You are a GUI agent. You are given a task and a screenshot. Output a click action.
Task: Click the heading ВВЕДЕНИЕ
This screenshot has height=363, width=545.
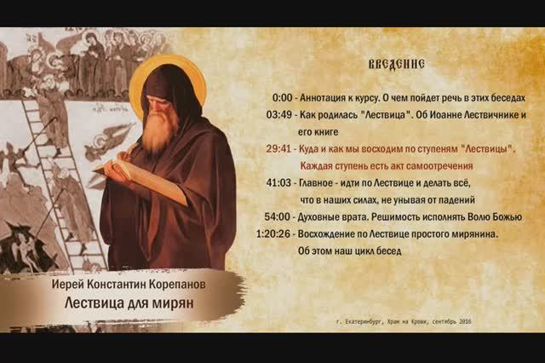point(396,65)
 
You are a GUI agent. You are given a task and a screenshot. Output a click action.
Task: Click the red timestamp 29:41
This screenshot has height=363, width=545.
point(279,149)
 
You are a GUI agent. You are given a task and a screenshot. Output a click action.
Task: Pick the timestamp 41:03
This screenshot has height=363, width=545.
point(279,183)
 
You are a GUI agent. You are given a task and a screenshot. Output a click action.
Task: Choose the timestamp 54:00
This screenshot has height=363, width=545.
point(278,216)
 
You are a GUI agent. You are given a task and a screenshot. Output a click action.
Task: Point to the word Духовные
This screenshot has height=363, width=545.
point(324,216)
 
